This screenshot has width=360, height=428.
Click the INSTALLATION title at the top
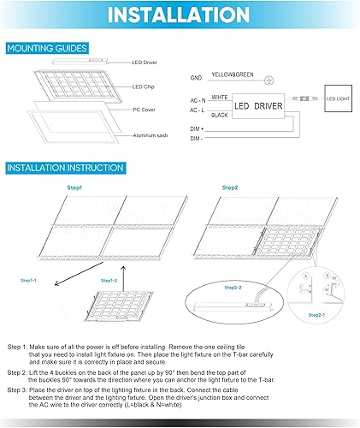point(180,15)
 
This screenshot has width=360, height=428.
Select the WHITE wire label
point(219,98)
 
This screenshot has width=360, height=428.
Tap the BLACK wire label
point(219,114)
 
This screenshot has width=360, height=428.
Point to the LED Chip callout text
point(144,87)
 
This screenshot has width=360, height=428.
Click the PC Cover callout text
point(144,111)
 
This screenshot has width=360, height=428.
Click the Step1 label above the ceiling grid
point(74,187)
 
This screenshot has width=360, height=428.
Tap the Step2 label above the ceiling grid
point(230,187)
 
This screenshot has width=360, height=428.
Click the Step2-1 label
point(316,316)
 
